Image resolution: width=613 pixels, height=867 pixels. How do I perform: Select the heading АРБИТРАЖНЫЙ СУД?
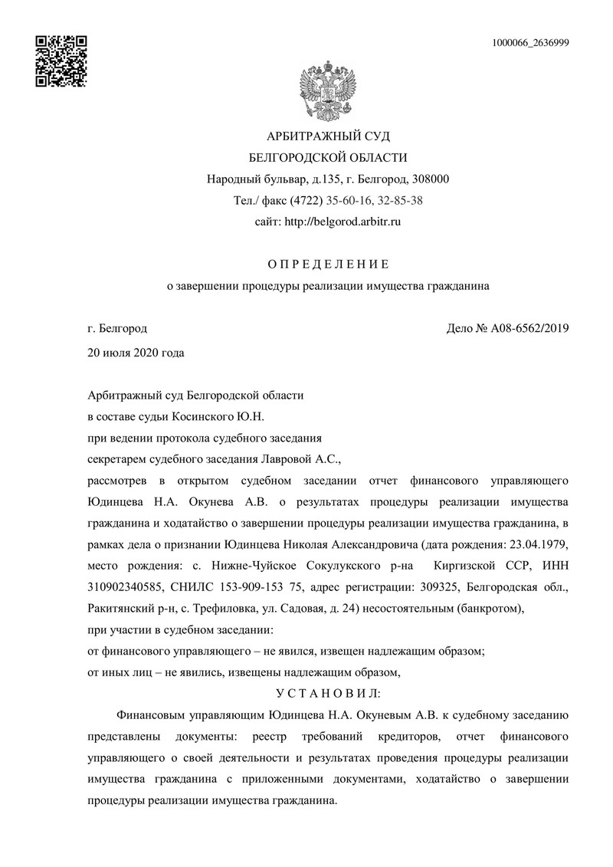tap(328, 136)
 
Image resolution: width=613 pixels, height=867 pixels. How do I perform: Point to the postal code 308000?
tap(430, 179)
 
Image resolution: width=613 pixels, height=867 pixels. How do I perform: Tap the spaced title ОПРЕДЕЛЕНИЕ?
tap(328, 264)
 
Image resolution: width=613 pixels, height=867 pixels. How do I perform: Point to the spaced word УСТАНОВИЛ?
tap(328, 693)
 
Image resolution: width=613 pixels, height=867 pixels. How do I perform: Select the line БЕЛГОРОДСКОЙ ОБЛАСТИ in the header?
tap(328, 158)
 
